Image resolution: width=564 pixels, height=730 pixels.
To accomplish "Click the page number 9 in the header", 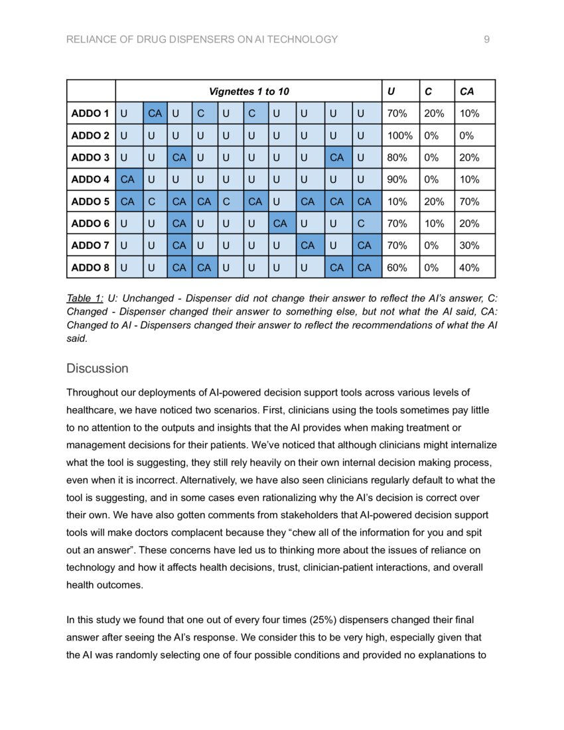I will (487, 40).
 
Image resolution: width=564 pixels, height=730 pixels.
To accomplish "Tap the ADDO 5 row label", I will (90, 201).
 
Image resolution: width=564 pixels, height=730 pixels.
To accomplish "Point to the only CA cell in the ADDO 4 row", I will (128, 179).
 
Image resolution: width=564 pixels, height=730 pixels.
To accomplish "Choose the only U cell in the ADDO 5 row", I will (277, 201).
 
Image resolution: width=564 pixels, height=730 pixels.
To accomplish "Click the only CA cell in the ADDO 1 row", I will (155, 113).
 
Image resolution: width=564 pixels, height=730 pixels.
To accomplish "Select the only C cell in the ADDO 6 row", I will (360, 224).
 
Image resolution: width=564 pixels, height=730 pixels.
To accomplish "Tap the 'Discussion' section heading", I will (97, 368).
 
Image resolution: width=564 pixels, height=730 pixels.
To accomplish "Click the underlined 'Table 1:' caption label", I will (84, 299).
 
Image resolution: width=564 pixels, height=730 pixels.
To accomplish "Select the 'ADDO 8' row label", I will (90, 267).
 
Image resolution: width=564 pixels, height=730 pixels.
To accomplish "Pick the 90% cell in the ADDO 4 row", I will (397, 179).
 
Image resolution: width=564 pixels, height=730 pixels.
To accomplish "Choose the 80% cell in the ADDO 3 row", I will (397, 157).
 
